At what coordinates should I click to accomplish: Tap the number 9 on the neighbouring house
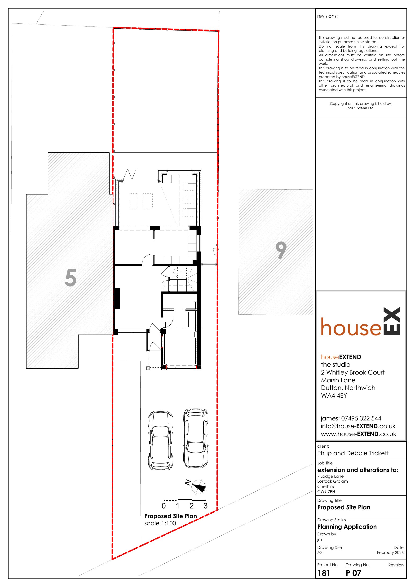pyautogui.click(x=281, y=250)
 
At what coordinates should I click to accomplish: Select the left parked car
pyautogui.click(x=160, y=440)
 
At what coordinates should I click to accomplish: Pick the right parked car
pyautogui.click(x=196, y=438)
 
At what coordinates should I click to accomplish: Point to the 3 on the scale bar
pyautogui.click(x=205, y=506)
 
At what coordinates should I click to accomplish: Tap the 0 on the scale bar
pyautogui.click(x=164, y=506)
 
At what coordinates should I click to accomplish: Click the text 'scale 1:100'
pyautogui.click(x=160, y=523)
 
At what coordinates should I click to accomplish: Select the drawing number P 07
pyautogui.click(x=353, y=573)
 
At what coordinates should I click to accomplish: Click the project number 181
pyautogui.click(x=324, y=573)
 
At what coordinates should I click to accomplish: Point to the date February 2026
pyautogui.click(x=390, y=552)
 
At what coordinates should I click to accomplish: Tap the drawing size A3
pyautogui.click(x=320, y=552)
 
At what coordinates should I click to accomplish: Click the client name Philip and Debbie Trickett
pyautogui.click(x=353, y=453)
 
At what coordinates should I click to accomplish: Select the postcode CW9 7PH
pyautogui.click(x=326, y=492)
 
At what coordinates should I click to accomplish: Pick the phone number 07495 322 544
pyautogui.click(x=361, y=419)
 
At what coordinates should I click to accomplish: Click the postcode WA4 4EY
pyautogui.click(x=334, y=396)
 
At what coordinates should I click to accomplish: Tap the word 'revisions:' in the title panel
pyautogui.click(x=327, y=16)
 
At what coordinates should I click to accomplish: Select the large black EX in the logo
pyautogui.click(x=392, y=321)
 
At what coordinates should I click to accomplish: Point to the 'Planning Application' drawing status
pyautogui.click(x=347, y=527)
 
